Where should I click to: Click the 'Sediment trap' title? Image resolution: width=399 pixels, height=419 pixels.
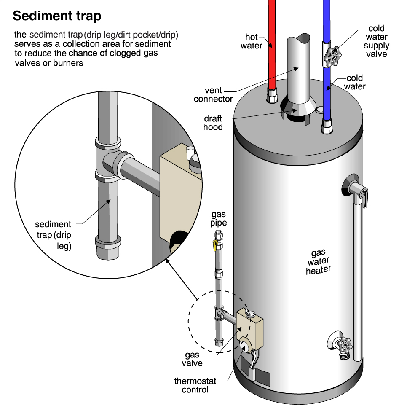click(x=57, y=16)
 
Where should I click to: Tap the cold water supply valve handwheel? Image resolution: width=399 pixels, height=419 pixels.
click(x=332, y=56)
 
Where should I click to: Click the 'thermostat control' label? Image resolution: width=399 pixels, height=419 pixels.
click(x=195, y=385)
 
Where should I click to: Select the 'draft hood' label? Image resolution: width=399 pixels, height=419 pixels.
click(x=213, y=122)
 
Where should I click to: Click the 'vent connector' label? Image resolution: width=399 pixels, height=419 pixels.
click(x=213, y=94)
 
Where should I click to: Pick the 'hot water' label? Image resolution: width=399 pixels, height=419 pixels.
click(x=252, y=41)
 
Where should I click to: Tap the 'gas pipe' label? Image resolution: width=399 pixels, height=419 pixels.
click(x=218, y=218)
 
